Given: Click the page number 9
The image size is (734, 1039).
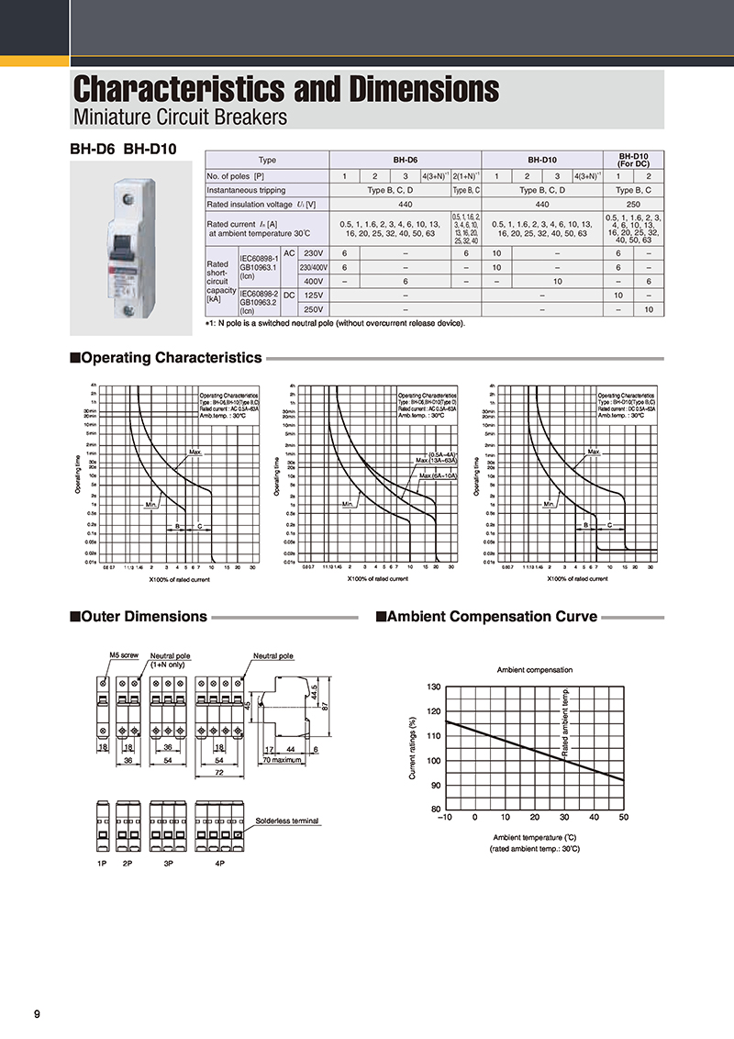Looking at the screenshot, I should pyautogui.click(x=37, y=1013).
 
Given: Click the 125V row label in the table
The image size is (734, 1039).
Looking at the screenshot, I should pyautogui.click(x=314, y=295).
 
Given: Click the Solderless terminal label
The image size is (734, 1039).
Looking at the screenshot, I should pyautogui.click(x=287, y=821).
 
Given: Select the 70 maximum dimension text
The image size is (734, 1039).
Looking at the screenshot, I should pyautogui.click(x=282, y=761).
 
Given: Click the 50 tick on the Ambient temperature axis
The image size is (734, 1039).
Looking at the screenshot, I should pyautogui.click(x=624, y=817).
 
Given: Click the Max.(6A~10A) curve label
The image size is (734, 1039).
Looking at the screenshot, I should pyautogui.click(x=439, y=475).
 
